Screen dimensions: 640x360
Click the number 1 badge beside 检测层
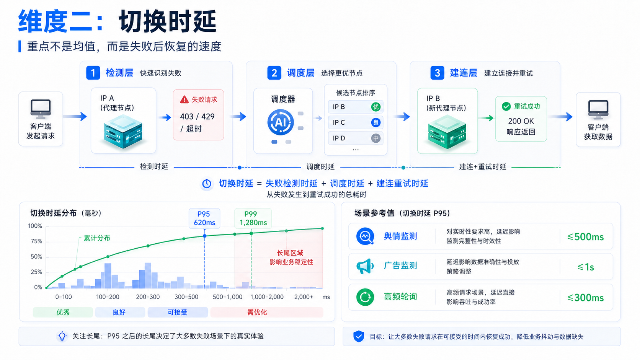pyautogui.click(x=93, y=73)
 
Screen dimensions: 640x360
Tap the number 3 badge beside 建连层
pyautogui.click(x=437, y=73)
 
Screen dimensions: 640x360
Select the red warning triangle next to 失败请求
pyautogui.click(x=184, y=99)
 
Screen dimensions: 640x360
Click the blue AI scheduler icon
pyautogui.click(x=280, y=122)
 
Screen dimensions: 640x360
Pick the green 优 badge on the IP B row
pyautogui.click(x=376, y=107)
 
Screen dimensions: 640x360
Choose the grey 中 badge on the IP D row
pyautogui.click(x=376, y=138)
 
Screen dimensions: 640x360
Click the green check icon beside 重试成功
pyautogui.click(x=506, y=106)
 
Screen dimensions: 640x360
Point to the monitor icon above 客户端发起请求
pyautogui.click(x=41, y=109)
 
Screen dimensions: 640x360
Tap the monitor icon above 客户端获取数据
pyautogui.click(x=598, y=109)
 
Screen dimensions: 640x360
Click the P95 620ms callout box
pyautogui.click(x=204, y=218)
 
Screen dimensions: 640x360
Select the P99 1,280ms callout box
pyautogui.click(x=253, y=218)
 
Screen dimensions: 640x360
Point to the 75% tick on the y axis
pyautogui.click(x=37, y=241)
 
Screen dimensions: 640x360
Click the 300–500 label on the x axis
pyautogui.click(x=186, y=297)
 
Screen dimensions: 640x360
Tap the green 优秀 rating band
pyautogui.click(x=63, y=312)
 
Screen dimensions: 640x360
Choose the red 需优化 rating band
pyautogui.click(x=266, y=312)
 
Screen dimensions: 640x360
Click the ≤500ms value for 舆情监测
pyautogui.click(x=585, y=237)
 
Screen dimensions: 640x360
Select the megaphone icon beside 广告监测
pyautogui.click(x=365, y=266)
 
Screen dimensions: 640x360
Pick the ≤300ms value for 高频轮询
pyautogui.click(x=585, y=298)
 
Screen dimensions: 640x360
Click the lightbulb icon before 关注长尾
pyautogui.click(x=62, y=336)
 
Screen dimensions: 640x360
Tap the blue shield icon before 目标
pyautogui.click(x=359, y=337)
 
